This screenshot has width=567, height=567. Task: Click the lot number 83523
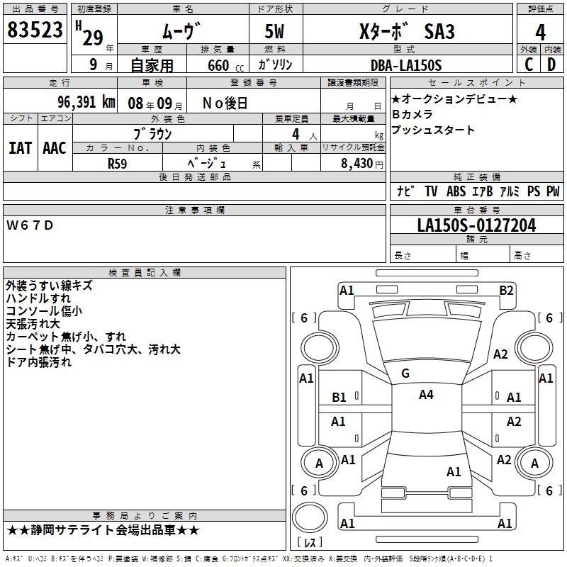tap(35, 30)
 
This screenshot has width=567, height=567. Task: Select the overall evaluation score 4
tap(540, 32)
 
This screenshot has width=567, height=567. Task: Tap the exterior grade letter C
tap(528, 64)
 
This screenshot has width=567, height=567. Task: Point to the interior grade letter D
tap(551, 64)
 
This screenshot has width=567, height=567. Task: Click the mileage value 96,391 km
tap(86, 101)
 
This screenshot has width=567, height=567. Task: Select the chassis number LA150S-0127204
tap(476, 225)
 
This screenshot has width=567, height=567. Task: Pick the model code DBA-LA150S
tap(405, 65)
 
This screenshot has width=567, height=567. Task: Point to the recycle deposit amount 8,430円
tap(353, 163)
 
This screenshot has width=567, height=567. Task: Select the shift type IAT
tap(20, 148)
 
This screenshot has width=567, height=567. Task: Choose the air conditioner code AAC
tap(54, 148)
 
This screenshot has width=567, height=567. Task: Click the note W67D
tap(30, 225)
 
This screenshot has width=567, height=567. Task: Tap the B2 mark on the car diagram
tap(506, 290)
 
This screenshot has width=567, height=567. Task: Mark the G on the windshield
tap(405, 374)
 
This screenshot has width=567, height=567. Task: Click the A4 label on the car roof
tap(426, 395)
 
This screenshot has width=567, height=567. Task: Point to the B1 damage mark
tap(339, 398)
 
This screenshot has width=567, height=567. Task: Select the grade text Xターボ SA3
tap(406, 32)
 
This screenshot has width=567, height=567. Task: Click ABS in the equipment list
tap(456, 191)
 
